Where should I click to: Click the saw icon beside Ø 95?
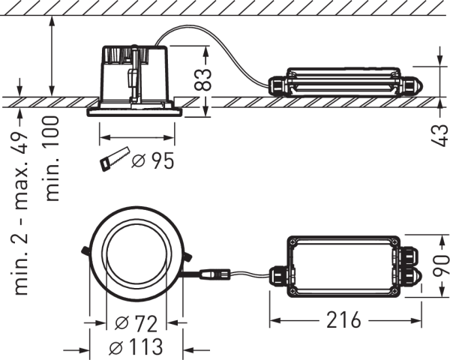(112, 160)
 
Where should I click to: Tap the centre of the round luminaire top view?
(135, 257)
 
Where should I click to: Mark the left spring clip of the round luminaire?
(87, 250)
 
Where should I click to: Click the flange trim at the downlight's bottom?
(135, 112)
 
